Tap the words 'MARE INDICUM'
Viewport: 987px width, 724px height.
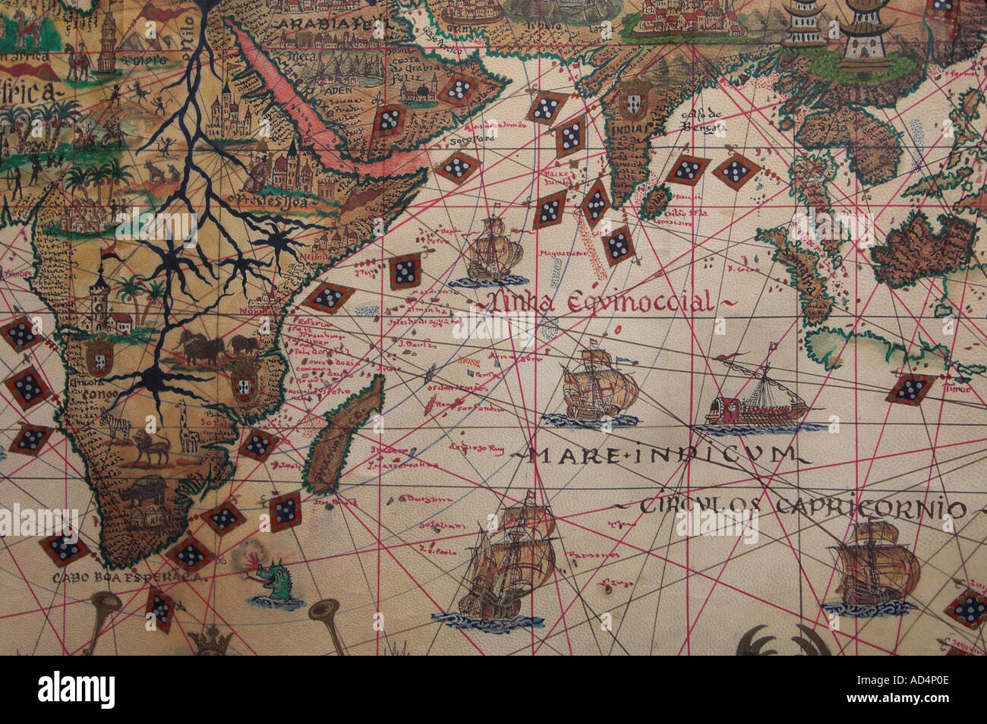(659, 455)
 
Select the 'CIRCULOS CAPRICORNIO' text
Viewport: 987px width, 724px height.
(801, 506)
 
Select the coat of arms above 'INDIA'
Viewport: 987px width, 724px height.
(635, 99)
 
